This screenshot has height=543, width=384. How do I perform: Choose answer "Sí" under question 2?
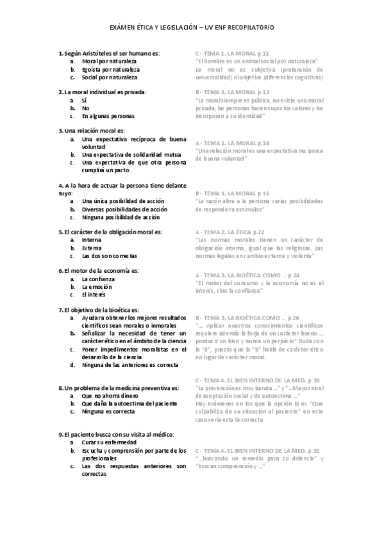coord(85,101)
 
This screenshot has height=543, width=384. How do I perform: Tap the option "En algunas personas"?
coord(108,116)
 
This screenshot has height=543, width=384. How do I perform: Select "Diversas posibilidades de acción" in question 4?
coord(124,209)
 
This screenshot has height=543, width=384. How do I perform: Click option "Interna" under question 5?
coord(92,239)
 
